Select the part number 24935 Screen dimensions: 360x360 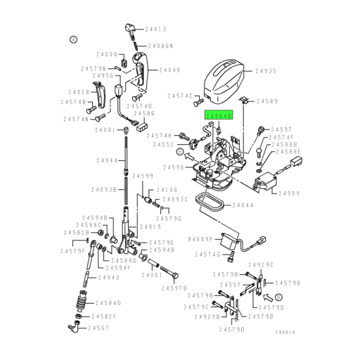click(x=266, y=71)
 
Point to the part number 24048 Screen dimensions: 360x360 click(x=169, y=70)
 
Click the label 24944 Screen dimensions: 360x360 click(x=108, y=161)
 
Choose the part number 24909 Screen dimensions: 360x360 click(x=288, y=193)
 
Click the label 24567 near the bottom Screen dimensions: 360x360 click(x=98, y=328)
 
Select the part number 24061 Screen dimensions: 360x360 click(x=152, y=275)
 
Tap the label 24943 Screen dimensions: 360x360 click(x=109, y=278)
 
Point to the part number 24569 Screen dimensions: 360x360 click(x=268, y=101)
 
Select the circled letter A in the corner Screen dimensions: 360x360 click(x=72, y=39)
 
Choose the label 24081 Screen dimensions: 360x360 click(x=105, y=130)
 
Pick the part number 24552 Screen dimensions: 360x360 click(x=163, y=144)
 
